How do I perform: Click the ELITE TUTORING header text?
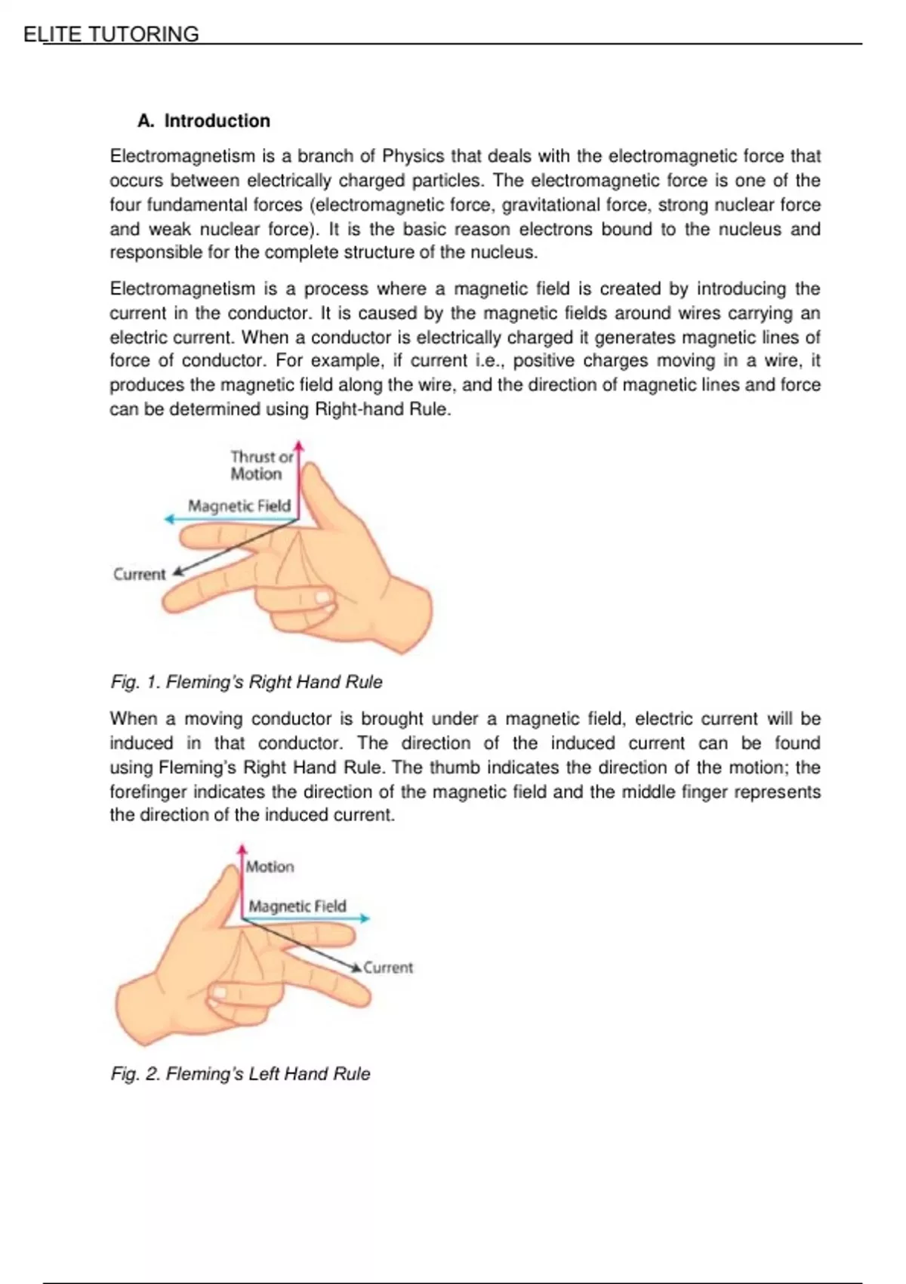tap(112, 34)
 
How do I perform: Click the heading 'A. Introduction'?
tap(204, 121)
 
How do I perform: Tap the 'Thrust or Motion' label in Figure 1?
tap(260, 465)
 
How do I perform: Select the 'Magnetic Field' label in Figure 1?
tap(239, 506)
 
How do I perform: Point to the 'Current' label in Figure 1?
tap(139, 575)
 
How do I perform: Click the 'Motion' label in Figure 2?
tap(270, 867)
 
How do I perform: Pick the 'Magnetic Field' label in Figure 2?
tap(297, 906)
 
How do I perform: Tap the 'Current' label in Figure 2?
tap(388, 968)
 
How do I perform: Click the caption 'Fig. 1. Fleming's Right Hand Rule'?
tap(246, 682)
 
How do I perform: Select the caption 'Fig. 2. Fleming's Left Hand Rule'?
tap(240, 1074)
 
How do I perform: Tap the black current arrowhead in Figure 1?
tap(178, 573)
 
